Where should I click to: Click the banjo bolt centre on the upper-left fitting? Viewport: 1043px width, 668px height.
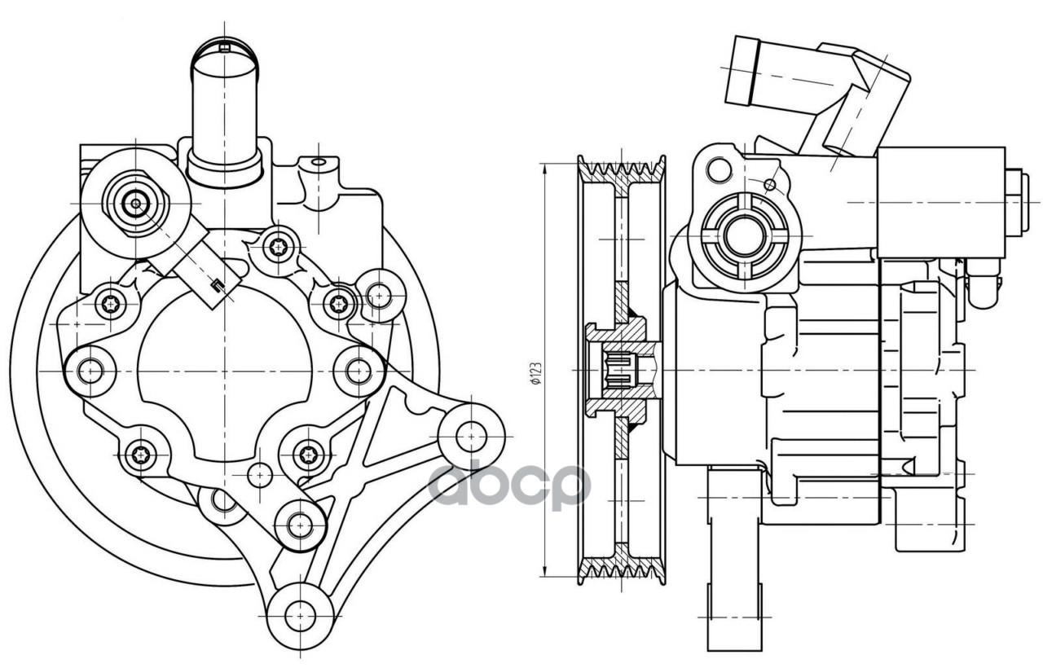click(x=134, y=204)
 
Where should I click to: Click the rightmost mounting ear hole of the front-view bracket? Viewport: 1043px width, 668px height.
click(x=470, y=437)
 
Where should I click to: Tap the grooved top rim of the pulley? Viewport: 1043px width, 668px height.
click(x=622, y=169)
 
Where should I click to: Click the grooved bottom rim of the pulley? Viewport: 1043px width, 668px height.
click(x=622, y=571)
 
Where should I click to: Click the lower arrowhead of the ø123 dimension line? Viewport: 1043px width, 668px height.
click(x=544, y=574)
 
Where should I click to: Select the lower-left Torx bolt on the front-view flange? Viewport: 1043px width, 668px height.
click(x=143, y=454)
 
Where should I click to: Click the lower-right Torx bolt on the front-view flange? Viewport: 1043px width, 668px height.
click(x=307, y=453)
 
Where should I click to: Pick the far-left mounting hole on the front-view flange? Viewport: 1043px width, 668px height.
click(x=89, y=371)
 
